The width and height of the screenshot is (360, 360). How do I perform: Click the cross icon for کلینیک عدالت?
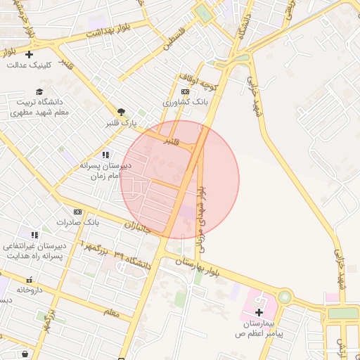click(x=29, y=54)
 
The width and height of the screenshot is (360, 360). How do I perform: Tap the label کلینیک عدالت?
click(x=27, y=65)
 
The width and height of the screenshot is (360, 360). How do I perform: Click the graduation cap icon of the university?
click(x=40, y=92)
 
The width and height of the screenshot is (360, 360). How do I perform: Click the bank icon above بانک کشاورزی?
click(x=185, y=91)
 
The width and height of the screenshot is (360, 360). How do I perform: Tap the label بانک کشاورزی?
click(x=186, y=102)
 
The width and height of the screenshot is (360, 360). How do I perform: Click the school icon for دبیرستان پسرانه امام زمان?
click(x=105, y=155)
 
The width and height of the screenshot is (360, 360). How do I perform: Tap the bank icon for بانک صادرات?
click(x=77, y=212)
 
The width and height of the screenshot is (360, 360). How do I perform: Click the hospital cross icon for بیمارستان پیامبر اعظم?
click(x=259, y=311)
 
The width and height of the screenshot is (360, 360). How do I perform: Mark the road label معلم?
click(x=111, y=310)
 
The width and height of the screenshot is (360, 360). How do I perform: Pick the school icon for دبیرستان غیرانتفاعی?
click(x=34, y=234)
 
